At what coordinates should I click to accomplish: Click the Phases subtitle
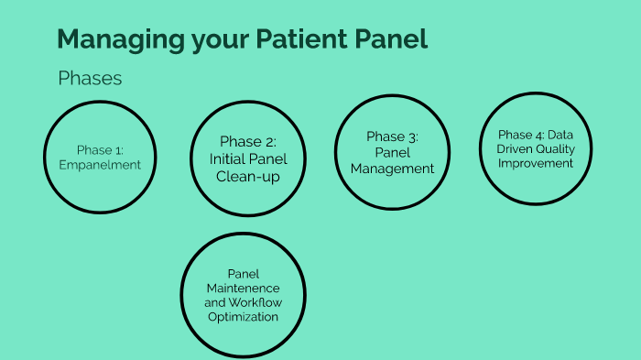coord(90,79)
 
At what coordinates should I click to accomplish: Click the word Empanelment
coord(106,165)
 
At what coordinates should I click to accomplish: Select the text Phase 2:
coord(247,141)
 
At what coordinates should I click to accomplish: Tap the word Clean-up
coord(247,177)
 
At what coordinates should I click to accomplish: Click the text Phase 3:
coord(392,136)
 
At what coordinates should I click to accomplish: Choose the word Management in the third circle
coord(392,169)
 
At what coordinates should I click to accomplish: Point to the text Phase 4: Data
coord(536,133)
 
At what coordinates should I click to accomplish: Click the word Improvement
coord(536,163)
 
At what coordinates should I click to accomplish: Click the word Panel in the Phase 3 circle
coord(392,153)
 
